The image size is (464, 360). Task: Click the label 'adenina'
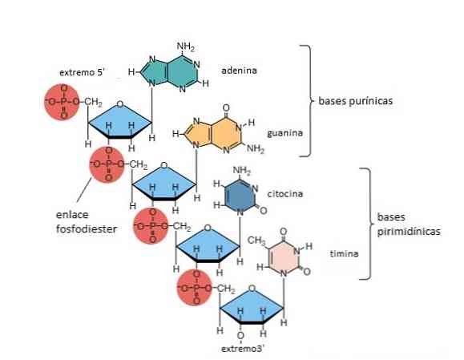239,71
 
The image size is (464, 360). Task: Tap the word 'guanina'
285,133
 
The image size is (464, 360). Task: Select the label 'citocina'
285,194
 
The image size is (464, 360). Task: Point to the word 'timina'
344,253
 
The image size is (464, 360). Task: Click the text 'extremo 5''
83,72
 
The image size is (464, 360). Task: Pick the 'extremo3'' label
243,349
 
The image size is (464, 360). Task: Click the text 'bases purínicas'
355,101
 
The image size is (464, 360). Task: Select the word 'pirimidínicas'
409,231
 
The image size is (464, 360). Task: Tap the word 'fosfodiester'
87,229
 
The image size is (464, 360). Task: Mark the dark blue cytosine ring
240,196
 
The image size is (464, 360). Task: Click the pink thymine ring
284,256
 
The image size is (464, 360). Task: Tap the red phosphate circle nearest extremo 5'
63,102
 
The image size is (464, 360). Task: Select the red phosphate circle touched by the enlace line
107,164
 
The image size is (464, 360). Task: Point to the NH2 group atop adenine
186,47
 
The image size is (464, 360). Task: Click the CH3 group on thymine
256,241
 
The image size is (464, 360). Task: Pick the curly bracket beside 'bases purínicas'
307,101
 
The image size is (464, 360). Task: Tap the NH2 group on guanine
256,148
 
